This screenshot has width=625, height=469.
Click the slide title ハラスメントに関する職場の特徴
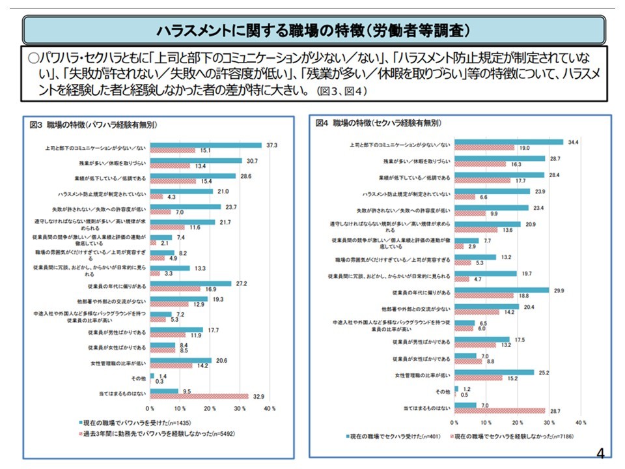click(312, 31)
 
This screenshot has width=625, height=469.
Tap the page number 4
click(600, 454)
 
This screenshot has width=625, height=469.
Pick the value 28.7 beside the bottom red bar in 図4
click(555, 411)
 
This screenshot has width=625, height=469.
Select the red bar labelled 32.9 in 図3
click(199, 396)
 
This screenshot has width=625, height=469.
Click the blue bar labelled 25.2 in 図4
click(494, 372)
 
